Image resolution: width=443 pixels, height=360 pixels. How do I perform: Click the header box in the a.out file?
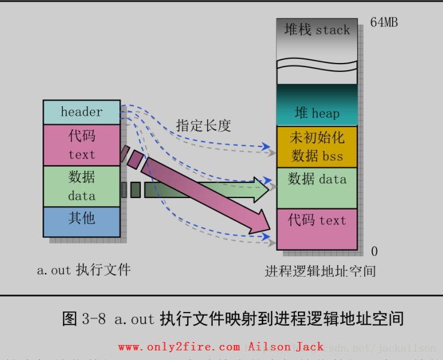(x=82, y=112)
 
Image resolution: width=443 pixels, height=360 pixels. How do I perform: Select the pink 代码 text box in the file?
(x=82, y=145)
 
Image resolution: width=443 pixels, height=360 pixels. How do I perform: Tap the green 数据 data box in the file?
(x=82, y=186)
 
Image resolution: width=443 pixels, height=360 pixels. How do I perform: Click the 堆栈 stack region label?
(x=317, y=30)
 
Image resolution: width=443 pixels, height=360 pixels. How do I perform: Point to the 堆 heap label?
(x=317, y=113)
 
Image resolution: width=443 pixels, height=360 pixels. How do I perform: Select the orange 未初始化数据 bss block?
(x=317, y=146)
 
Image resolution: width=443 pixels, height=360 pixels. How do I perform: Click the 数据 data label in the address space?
(x=317, y=179)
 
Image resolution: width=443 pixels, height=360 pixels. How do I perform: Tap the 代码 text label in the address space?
(x=317, y=220)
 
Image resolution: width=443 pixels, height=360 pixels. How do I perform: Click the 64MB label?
(x=384, y=23)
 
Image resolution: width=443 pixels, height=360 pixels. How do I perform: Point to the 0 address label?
(x=375, y=251)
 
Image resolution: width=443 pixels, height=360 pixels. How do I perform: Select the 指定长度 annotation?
(x=203, y=126)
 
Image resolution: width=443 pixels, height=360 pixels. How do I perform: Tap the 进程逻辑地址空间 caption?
(x=320, y=271)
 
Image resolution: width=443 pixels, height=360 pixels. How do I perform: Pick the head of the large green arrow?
(x=261, y=189)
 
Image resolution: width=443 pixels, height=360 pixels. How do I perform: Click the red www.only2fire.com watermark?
(x=179, y=347)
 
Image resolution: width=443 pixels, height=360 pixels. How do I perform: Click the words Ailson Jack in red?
(x=286, y=347)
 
